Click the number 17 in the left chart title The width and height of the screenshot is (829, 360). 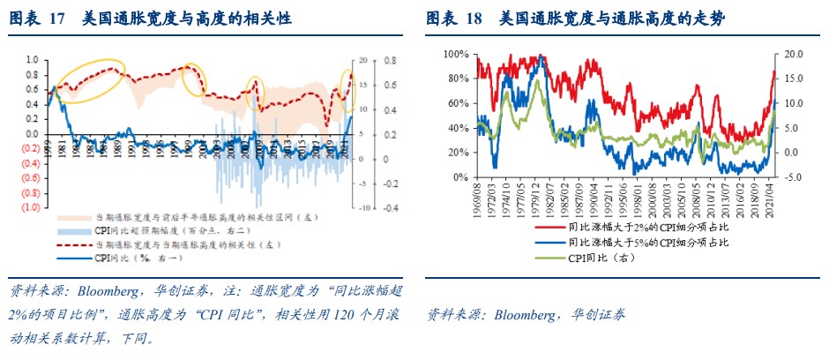57,19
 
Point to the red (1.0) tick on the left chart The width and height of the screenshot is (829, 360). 30,207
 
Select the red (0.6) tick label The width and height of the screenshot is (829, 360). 30,177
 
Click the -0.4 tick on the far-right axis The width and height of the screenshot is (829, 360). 387,208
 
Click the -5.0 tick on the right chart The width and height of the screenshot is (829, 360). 790,177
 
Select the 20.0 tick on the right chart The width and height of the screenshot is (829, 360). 790,55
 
